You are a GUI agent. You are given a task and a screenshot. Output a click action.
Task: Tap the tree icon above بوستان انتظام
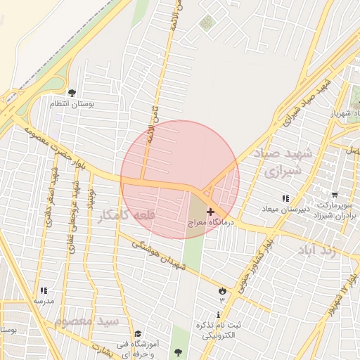tap(72, 92)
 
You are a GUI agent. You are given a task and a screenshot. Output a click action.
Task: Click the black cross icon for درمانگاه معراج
tap(211, 212)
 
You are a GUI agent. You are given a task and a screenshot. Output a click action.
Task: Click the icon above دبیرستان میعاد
tap(285, 199)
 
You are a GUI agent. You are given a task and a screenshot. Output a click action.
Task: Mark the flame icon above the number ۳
tap(223, 290)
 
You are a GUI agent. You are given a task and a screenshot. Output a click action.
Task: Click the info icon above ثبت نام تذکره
tap(219, 314)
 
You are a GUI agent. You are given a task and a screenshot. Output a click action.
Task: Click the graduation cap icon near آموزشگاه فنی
tap(138, 333)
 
